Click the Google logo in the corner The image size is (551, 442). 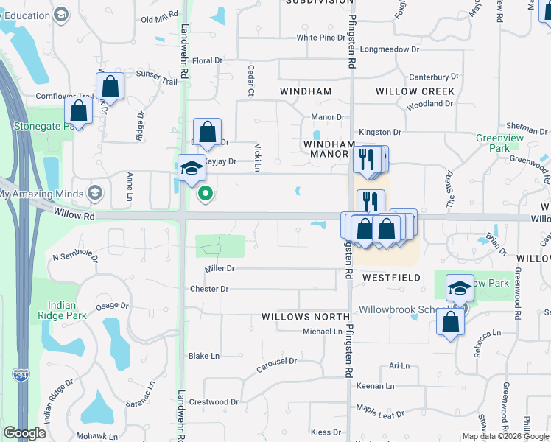pyautogui.click(x=25, y=433)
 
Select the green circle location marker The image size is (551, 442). pyautogui.click(x=206, y=194)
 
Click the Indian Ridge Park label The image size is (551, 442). pyautogui.click(x=66, y=310)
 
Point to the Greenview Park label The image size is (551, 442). pyautogui.click(x=493, y=143)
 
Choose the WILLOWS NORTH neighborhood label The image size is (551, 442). pyautogui.click(x=305, y=317)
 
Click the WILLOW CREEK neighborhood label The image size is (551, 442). pyautogui.click(x=415, y=91)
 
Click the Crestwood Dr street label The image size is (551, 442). pyautogui.click(x=214, y=402)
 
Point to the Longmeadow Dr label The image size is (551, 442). pyautogui.click(x=390, y=51)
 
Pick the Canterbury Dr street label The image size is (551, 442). pyautogui.click(x=434, y=77)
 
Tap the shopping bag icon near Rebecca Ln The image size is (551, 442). pyautogui.click(x=450, y=321)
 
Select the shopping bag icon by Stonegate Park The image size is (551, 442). pyautogui.click(x=78, y=110)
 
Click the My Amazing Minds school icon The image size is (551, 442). pyautogui.click(x=94, y=194)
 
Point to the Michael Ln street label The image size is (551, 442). pyautogui.click(x=323, y=331)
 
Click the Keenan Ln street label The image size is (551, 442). pyautogui.click(x=376, y=386)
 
